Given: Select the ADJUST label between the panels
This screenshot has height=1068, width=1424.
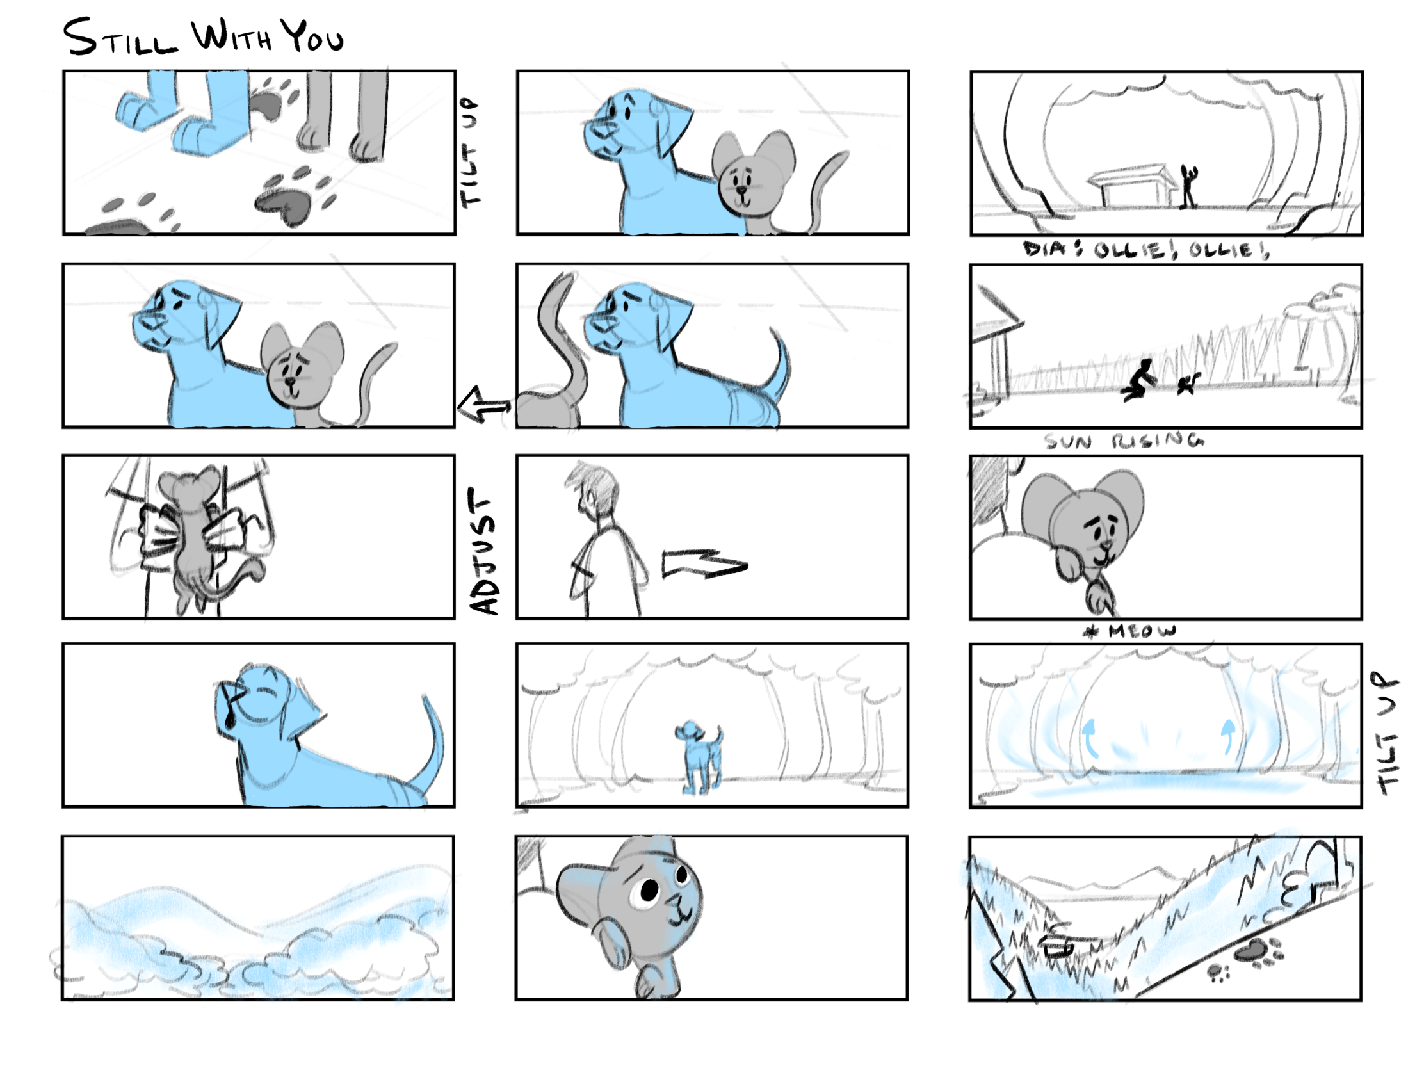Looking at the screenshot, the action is click(483, 551).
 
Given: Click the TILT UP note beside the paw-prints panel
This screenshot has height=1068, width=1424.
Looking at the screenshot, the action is click(470, 152).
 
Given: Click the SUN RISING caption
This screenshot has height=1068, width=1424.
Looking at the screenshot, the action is click(1124, 441).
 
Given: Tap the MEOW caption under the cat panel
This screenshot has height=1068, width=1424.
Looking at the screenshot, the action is click(1131, 631).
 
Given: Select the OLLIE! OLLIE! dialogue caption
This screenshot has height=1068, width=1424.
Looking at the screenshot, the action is click(1147, 250).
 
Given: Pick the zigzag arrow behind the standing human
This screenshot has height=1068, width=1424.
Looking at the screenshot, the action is click(704, 564).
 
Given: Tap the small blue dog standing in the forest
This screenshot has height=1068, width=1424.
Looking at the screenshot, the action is click(699, 757).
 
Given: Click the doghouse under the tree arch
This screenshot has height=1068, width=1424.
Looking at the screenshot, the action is click(1131, 187).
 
